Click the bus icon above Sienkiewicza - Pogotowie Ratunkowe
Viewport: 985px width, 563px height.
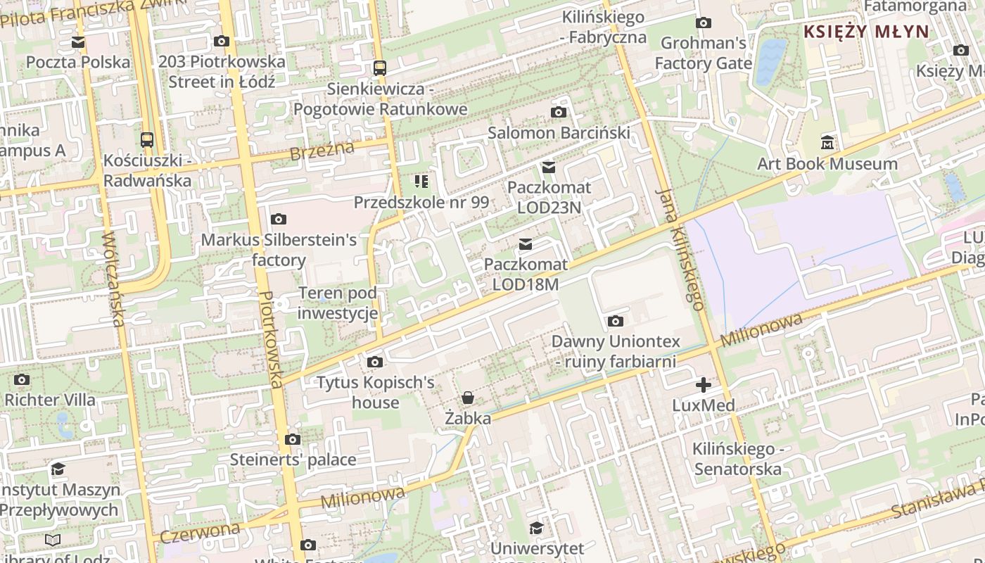(x=380, y=68)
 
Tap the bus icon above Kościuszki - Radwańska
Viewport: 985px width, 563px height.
(x=147, y=139)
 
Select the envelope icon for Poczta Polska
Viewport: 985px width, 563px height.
(x=78, y=42)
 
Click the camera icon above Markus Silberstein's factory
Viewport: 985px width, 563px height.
(x=279, y=219)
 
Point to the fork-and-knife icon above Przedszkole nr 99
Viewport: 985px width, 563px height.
(x=421, y=182)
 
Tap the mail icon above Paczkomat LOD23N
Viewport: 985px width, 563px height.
(x=549, y=167)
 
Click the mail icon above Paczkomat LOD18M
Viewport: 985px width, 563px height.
(x=526, y=244)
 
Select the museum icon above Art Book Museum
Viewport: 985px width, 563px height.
(x=827, y=144)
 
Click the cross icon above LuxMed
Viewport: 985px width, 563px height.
(x=703, y=385)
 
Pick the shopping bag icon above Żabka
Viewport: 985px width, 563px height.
(x=468, y=398)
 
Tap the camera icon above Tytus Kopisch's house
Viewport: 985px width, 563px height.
(x=376, y=362)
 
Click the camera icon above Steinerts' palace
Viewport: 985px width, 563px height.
(x=293, y=440)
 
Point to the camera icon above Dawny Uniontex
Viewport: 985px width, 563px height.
(x=616, y=322)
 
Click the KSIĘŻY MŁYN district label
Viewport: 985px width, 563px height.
(x=866, y=32)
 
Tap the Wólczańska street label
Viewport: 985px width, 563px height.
(x=113, y=279)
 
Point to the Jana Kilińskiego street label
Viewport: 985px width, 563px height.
(x=680, y=249)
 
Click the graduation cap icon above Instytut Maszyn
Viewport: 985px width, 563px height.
(x=58, y=469)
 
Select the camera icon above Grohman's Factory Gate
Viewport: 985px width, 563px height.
(x=703, y=23)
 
